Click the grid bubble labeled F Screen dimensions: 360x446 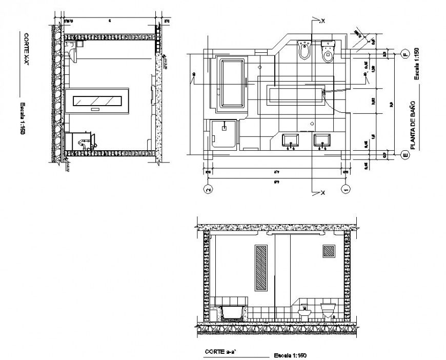[404, 53]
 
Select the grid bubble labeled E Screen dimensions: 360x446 [404, 153]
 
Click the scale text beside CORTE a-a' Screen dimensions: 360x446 [291, 355]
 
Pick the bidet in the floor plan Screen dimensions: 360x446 [305, 50]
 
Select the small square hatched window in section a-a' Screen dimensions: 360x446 [329, 251]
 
